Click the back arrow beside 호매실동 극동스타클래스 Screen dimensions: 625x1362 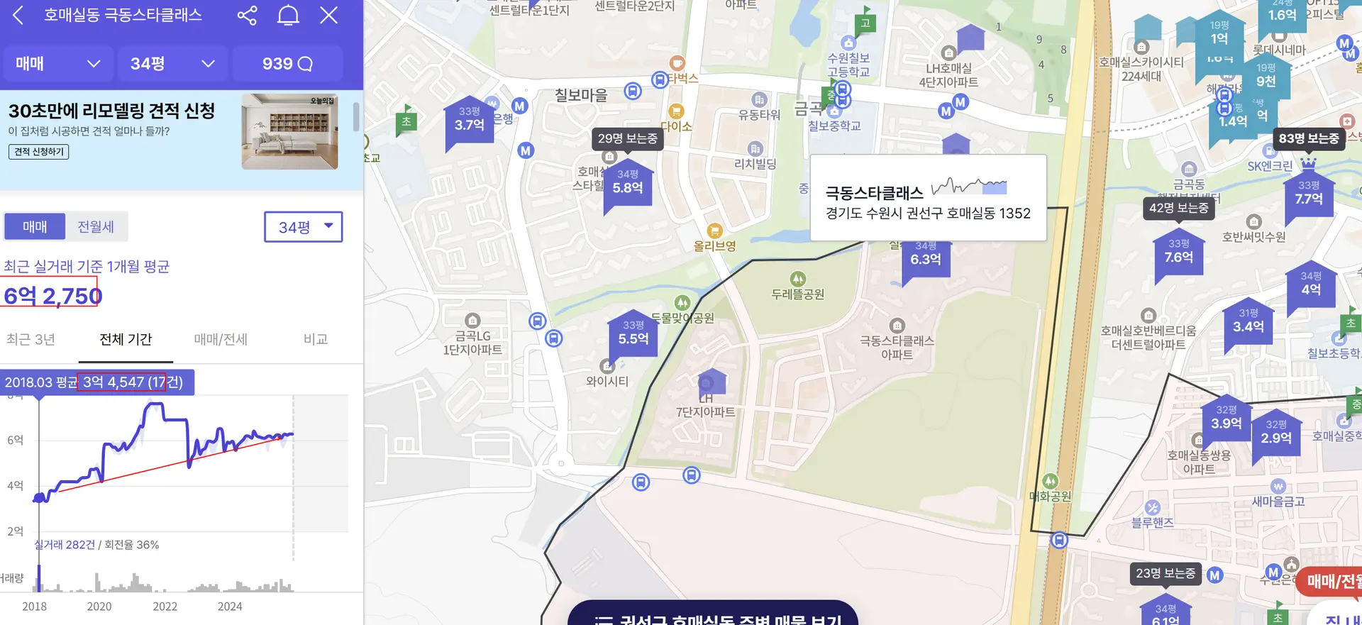tap(18, 15)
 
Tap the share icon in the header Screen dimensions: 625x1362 tap(247, 15)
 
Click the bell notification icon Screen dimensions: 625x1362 tap(288, 15)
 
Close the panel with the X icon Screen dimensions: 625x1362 tap(328, 15)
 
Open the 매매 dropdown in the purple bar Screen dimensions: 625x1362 tap(57, 64)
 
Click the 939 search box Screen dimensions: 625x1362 tap(287, 64)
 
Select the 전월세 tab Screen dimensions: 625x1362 tap(96, 227)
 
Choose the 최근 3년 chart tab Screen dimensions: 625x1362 tap(31, 339)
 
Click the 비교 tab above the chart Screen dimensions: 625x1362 tap(316, 339)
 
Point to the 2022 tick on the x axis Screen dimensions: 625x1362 tap(165, 607)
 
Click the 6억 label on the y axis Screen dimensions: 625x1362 tap(16, 440)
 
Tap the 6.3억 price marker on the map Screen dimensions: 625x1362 tap(926, 258)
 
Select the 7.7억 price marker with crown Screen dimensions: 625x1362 tap(1309, 197)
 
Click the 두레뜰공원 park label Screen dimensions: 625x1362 tap(798, 294)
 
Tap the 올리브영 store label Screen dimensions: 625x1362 tap(714, 245)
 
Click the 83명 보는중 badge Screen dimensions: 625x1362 tap(1308, 138)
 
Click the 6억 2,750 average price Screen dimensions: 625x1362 tap(52, 295)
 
